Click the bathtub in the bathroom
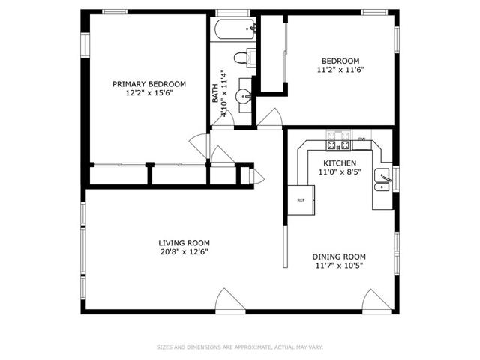pyautogui.click(x=235, y=29)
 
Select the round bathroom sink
pyautogui.click(x=243, y=97)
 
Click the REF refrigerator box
pyautogui.click(x=301, y=200)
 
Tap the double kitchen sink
pyautogui.click(x=382, y=180)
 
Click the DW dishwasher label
pyautogui.click(x=361, y=139)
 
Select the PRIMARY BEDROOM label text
pyautogui.click(x=149, y=84)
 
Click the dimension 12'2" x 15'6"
pyautogui.click(x=149, y=93)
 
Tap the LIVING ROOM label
pyautogui.click(x=184, y=243)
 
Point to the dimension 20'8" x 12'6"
pyautogui.click(x=184, y=252)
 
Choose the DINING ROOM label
pyautogui.click(x=339, y=256)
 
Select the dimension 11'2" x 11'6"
pyautogui.click(x=340, y=70)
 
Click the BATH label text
pyautogui.click(x=215, y=93)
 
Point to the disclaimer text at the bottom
pyautogui.click(x=240, y=347)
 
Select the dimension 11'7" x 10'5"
pyautogui.click(x=339, y=265)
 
